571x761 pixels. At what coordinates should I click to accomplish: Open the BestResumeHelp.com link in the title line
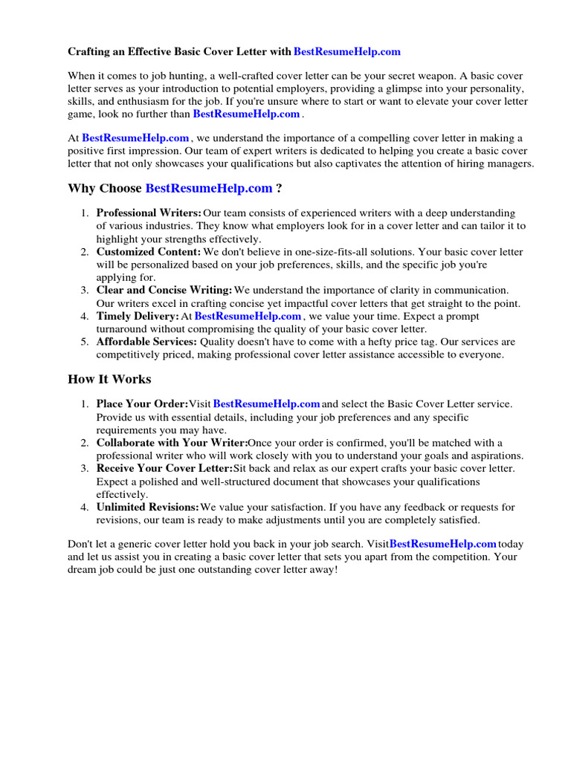(347, 52)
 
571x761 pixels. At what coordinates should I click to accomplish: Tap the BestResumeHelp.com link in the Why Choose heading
(209, 189)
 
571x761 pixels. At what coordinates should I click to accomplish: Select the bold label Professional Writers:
(149, 213)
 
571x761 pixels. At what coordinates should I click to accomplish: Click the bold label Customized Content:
(149, 252)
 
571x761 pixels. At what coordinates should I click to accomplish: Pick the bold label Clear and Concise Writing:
(164, 291)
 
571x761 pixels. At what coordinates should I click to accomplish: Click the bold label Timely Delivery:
(138, 317)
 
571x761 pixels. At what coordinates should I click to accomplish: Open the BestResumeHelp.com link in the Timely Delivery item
(248, 317)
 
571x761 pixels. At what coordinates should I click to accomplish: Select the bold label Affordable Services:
(146, 342)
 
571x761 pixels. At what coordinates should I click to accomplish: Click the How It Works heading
(109, 379)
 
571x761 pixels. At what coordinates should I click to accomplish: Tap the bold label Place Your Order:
(142, 404)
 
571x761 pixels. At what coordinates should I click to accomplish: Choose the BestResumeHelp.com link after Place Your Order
(266, 404)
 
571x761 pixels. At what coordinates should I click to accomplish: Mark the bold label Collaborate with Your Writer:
(172, 443)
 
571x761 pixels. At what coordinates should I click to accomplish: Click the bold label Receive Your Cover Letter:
(164, 469)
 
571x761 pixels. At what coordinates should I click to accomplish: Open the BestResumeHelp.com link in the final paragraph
(442, 544)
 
